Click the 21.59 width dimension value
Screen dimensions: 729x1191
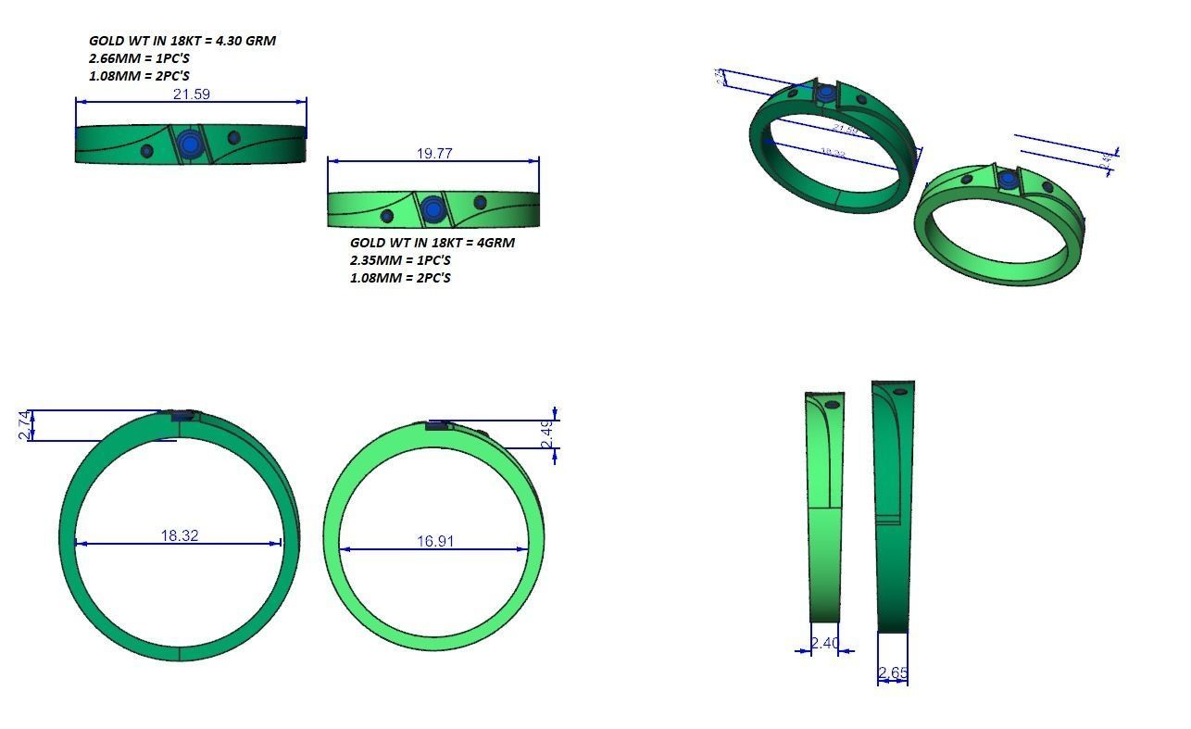[191, 94]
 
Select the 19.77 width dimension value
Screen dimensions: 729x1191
[434, 153]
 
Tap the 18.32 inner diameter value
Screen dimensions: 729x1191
[179, 535]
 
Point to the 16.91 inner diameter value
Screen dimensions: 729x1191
[435, 541]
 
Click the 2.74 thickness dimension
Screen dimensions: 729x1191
[25, 424]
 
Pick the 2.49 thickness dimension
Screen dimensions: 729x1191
[547, 434]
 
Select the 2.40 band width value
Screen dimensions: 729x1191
[824, 643]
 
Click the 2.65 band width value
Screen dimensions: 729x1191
[893, 673]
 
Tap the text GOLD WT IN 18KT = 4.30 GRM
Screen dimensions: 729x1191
[182, 41]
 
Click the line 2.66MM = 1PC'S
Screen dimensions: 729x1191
[139, 58]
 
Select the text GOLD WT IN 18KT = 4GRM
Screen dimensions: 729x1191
[432, 243]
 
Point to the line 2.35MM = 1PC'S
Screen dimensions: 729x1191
[400, 260]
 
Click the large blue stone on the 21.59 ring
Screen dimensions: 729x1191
[191, 144]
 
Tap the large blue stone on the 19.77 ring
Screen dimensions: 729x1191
[432, 209]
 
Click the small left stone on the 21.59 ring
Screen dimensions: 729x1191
[146, 151]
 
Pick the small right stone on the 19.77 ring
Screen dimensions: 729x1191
[480, 203]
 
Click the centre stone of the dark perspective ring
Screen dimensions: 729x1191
[826, 93]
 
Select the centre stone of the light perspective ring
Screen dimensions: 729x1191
[1008, 178]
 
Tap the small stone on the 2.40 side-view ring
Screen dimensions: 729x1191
[832, 405]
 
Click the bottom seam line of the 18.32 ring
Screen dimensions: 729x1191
[179, 652]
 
